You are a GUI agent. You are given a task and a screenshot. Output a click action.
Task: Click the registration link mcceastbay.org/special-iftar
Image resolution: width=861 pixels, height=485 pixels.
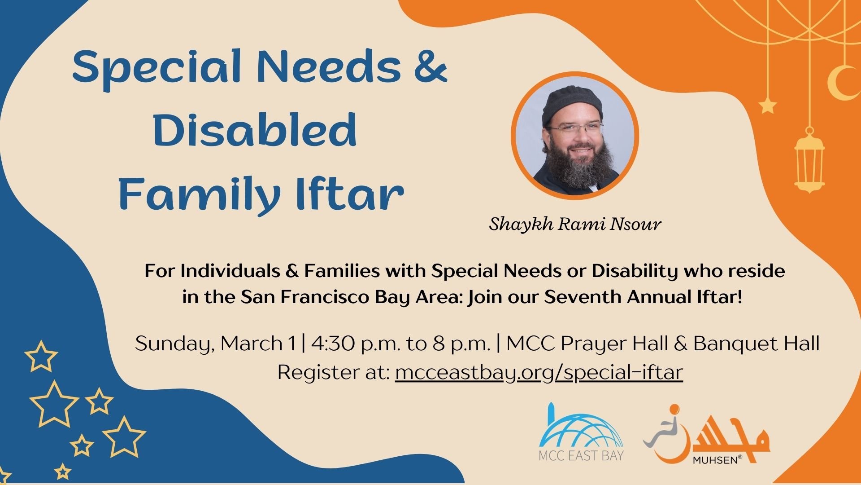click(x=539, y=372)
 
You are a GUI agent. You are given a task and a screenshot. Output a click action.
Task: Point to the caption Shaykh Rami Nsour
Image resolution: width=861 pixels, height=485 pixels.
click(x=575, y=224)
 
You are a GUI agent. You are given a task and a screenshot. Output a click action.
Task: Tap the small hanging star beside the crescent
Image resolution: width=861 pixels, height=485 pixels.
click(x=767, y=106)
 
